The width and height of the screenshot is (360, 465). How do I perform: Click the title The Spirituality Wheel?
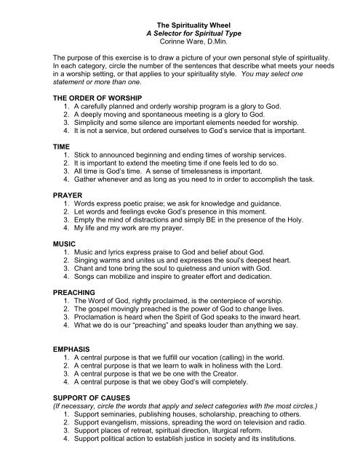180,7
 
